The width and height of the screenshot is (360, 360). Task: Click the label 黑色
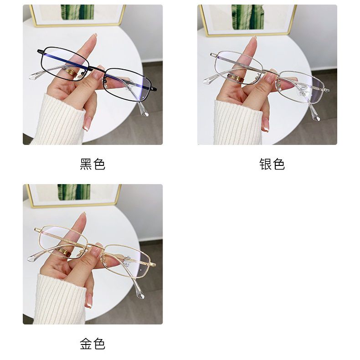(x=93, y=164)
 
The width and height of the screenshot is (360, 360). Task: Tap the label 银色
(x=272, y=164)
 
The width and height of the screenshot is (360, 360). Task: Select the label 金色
(x=93, y=344)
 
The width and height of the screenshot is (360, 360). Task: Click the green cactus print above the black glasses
(x=77, y=12)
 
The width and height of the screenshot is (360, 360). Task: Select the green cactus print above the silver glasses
(x=247, y=17)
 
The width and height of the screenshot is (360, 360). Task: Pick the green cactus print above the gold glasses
(x=74, y=192)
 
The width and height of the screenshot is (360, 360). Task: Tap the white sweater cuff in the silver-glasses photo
(x=237, y=123)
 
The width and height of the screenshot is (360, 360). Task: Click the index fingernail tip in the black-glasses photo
(x=95, y=35)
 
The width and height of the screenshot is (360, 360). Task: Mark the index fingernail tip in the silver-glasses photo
(x=254, y=38)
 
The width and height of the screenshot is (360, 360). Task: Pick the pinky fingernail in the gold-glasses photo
(x=88, y=305)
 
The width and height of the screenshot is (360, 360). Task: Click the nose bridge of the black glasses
(x=97, y=69)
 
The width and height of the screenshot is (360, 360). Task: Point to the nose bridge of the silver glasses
(x=271, y=72)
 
